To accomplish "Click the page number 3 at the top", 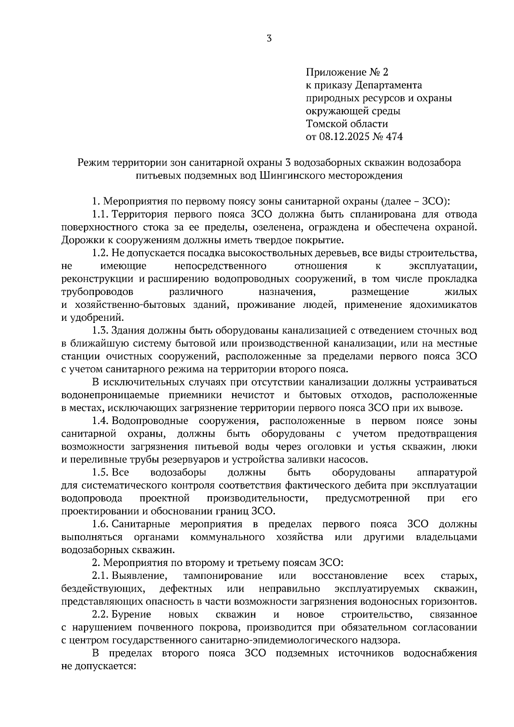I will tap(269, 39).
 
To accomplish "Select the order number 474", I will tap(394, 137).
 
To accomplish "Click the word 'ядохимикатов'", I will tap(444, 305).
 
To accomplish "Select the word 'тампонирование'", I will tap(223, 576).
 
